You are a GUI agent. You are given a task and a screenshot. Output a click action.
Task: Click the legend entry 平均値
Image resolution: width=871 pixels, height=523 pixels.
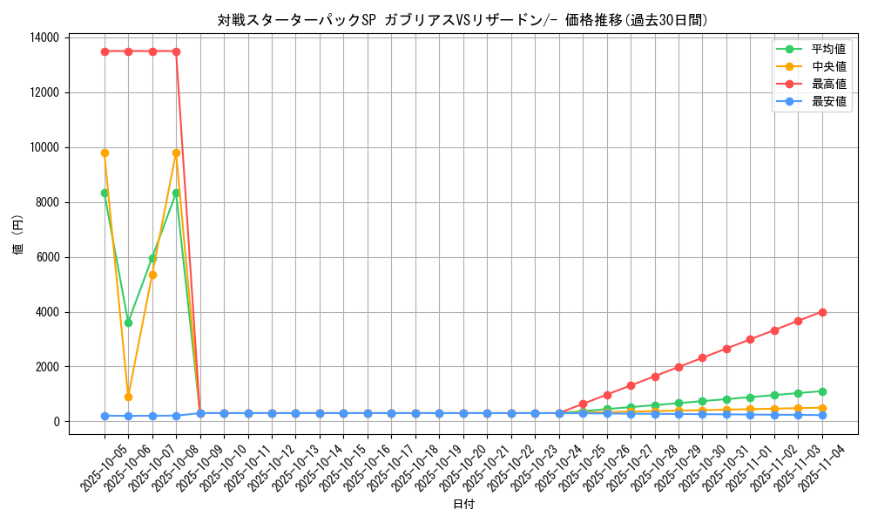(828, 49)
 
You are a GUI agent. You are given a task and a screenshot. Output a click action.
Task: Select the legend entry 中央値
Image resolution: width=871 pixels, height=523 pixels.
(828, 66)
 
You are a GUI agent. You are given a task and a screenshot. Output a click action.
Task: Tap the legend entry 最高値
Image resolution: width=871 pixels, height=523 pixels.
(828, 84)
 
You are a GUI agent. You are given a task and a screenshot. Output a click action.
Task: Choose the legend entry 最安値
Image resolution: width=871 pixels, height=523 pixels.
(828, 101)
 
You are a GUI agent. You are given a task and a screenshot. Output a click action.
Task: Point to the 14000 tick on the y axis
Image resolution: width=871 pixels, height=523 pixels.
(44, 37)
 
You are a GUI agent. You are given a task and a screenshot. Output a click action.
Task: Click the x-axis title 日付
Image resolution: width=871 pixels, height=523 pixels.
(463, 505)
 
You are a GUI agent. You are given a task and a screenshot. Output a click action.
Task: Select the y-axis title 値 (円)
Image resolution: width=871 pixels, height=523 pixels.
(18, 235)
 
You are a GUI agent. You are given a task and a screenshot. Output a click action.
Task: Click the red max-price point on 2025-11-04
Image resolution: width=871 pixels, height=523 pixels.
(822, 312)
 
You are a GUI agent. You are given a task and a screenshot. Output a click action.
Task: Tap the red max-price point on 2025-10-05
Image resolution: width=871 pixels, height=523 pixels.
(105, 51)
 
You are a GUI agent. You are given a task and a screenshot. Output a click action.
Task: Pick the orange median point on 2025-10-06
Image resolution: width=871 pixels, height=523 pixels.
(128, 397)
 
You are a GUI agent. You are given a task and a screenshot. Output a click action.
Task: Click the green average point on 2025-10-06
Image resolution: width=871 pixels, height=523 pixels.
(128, 323)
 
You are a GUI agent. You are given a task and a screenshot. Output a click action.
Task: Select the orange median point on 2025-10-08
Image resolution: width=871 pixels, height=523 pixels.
(176, 153)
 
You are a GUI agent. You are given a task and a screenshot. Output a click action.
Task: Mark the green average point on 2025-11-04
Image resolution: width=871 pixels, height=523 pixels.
(822, 391)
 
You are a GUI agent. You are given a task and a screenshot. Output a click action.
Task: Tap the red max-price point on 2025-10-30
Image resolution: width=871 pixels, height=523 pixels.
(702, 357)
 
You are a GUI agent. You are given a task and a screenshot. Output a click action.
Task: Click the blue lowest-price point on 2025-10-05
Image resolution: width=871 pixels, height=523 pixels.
(105, 416)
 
